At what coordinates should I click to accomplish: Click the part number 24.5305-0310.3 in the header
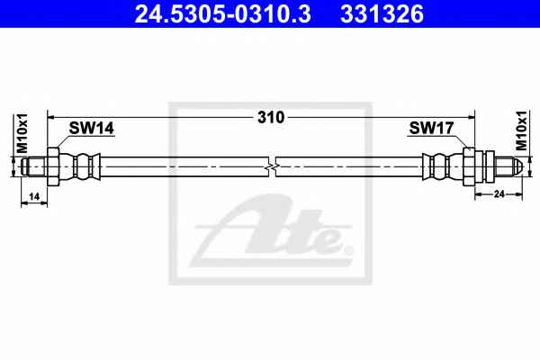[x=223, y=14]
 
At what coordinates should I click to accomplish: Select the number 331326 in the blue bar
[x=382, y=14]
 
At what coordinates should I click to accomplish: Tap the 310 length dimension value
[x=271, y=118]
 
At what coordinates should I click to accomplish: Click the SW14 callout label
[x=91, y=129]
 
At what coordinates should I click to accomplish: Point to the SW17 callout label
[x=431, y=129]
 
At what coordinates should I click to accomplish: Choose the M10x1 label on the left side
[x=22, y=133]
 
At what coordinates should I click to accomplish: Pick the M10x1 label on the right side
[x=521, y=130]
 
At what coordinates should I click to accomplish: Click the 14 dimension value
[x=34, y=197]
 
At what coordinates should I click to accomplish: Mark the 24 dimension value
[x=499, y=194]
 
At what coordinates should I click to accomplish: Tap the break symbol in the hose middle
[x=272, y=166]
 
